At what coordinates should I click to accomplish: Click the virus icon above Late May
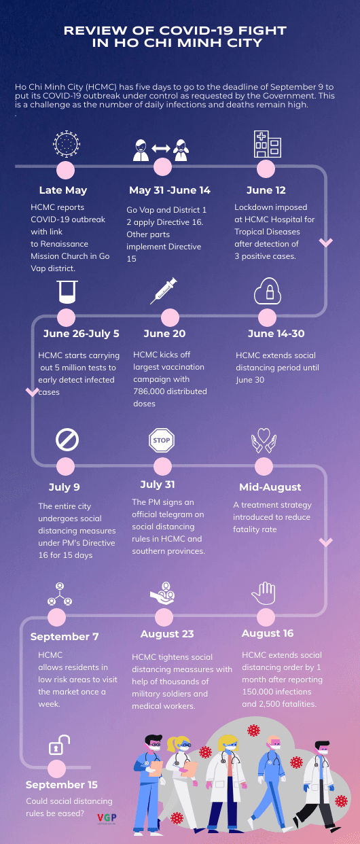tap(67, 143)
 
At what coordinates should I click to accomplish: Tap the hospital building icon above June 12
tap(268, 144)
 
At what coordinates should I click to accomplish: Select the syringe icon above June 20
tap(164, 291)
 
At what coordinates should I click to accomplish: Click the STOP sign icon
tap(162, 440)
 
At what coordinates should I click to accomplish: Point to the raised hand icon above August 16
tap(264, 593)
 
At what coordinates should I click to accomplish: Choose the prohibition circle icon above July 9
tap(67, 440)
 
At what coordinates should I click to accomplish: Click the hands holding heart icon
tap(264, 440)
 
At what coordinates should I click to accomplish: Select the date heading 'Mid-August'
tap(270, 487)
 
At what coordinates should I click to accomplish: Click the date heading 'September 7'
tap(65, 636)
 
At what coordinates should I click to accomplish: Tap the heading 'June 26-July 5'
tap(81, 334)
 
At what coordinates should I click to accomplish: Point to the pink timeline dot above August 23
tap(164, 618)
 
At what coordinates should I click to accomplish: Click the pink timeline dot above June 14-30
tap(268, 317)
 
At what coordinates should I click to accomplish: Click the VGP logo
tap(107, 818)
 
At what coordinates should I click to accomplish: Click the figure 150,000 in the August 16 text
tap(258, 691)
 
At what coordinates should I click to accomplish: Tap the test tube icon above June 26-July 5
tap(68, 292)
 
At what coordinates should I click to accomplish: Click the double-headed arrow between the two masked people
tap(161, 148)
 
